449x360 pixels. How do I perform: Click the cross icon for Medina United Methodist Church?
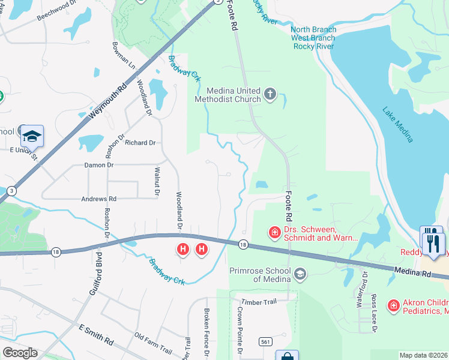pos(270,94)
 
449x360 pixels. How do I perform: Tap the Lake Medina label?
pos(398,125)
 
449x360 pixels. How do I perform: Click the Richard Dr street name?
pos(140,143)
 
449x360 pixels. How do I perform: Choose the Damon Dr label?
pos(98,164)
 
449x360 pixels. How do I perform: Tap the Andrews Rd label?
pos(100,199)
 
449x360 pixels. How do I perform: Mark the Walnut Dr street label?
pos(157,182)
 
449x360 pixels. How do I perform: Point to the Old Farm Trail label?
pos(153,343)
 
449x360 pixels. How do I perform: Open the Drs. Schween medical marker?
pos(274,232)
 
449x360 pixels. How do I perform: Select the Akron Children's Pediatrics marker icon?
pos(393,306)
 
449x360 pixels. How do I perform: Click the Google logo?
pos(20,353)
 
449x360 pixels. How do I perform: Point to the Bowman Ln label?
pos(124,54)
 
